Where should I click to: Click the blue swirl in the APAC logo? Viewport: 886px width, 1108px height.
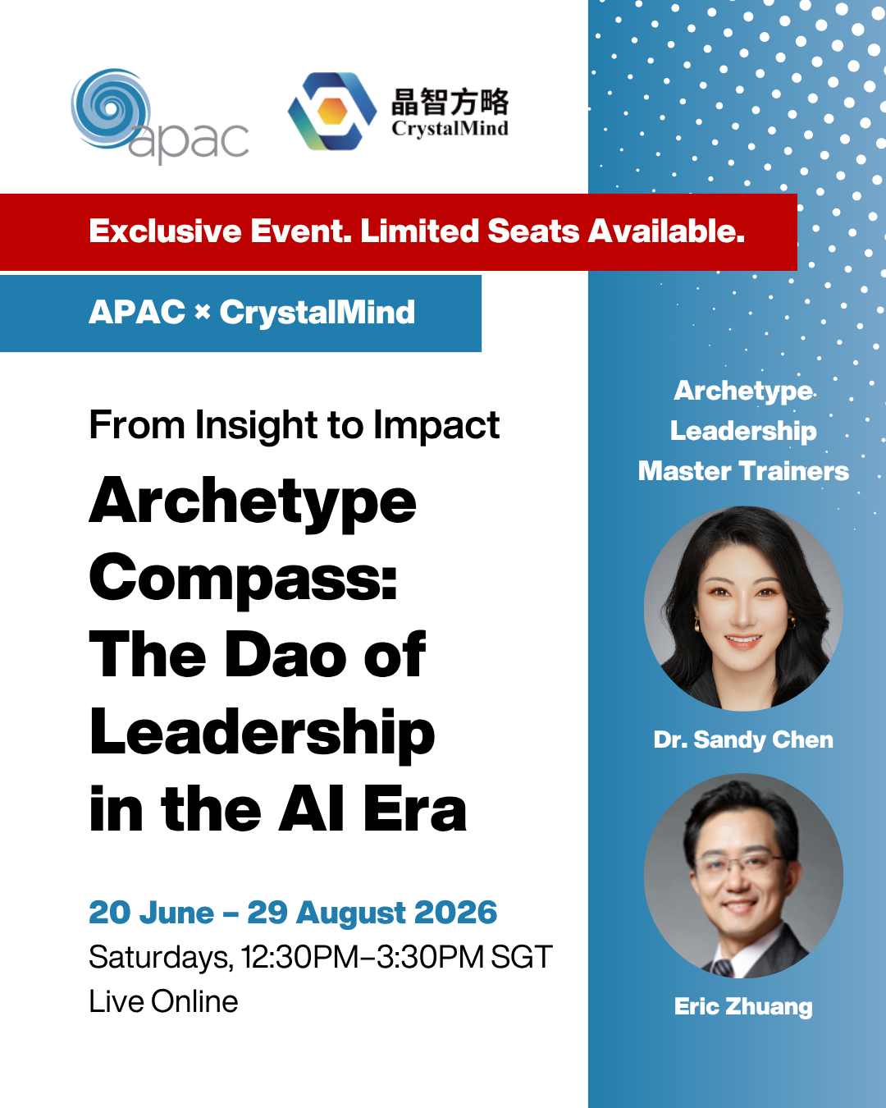(110, 108)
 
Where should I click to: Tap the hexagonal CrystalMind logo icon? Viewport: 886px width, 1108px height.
(332, 112)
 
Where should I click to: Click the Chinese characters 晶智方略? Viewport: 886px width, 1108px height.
(450, 102)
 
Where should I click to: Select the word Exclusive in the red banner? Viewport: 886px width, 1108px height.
(165, 231)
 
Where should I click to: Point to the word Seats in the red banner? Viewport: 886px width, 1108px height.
(533, 231)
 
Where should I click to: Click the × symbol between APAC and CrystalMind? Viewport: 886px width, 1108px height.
(203, 312)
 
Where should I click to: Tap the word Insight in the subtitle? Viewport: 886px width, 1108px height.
(256, 426)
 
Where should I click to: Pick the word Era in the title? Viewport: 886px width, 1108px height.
(415, 809)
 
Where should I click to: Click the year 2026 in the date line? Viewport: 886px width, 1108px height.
(455, 913)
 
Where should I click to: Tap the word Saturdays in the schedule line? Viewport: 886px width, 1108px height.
(161, 958)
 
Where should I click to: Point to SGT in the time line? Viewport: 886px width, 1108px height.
(522, 957)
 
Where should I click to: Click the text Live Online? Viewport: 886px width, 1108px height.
(164, 1002)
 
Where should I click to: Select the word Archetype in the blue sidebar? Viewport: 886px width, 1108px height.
(743, 391)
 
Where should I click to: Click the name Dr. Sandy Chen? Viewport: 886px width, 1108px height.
(743, 739)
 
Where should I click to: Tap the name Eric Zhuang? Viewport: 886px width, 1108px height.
(743, 1006)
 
